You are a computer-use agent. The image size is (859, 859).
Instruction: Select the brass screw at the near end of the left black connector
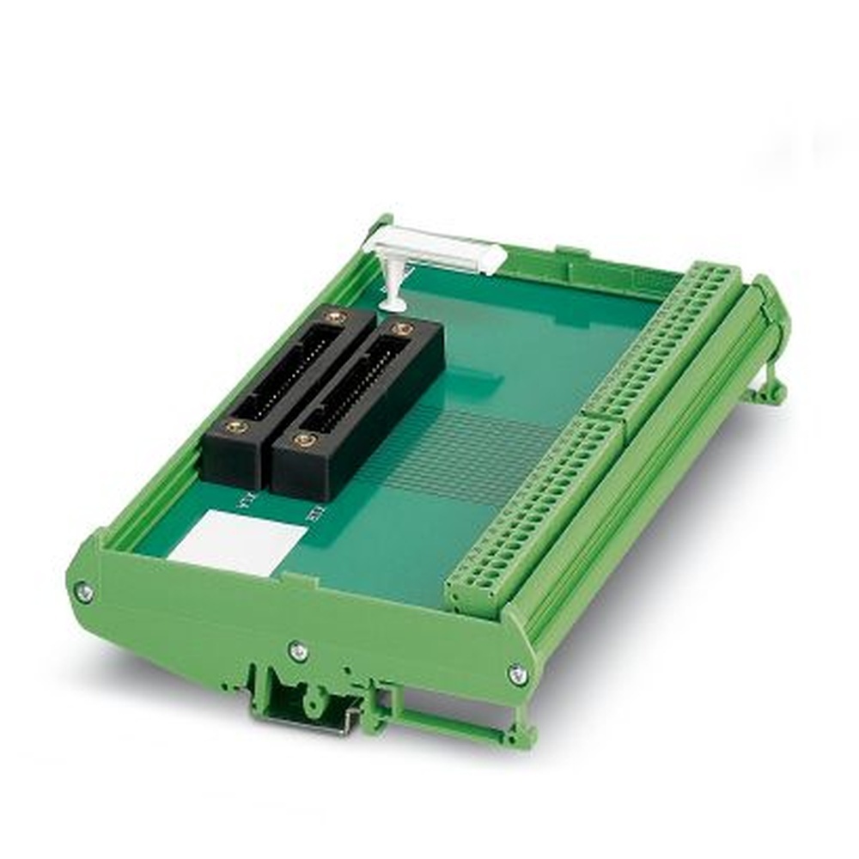[236, 426]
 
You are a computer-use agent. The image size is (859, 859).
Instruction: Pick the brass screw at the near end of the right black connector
[303, 441]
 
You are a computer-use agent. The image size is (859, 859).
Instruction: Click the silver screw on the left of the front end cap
[83, 590]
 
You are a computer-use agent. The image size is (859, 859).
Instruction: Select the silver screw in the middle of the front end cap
[298, 651]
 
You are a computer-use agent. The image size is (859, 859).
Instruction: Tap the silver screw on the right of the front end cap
[517, 674]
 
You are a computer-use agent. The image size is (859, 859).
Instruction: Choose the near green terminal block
[537, 515]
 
